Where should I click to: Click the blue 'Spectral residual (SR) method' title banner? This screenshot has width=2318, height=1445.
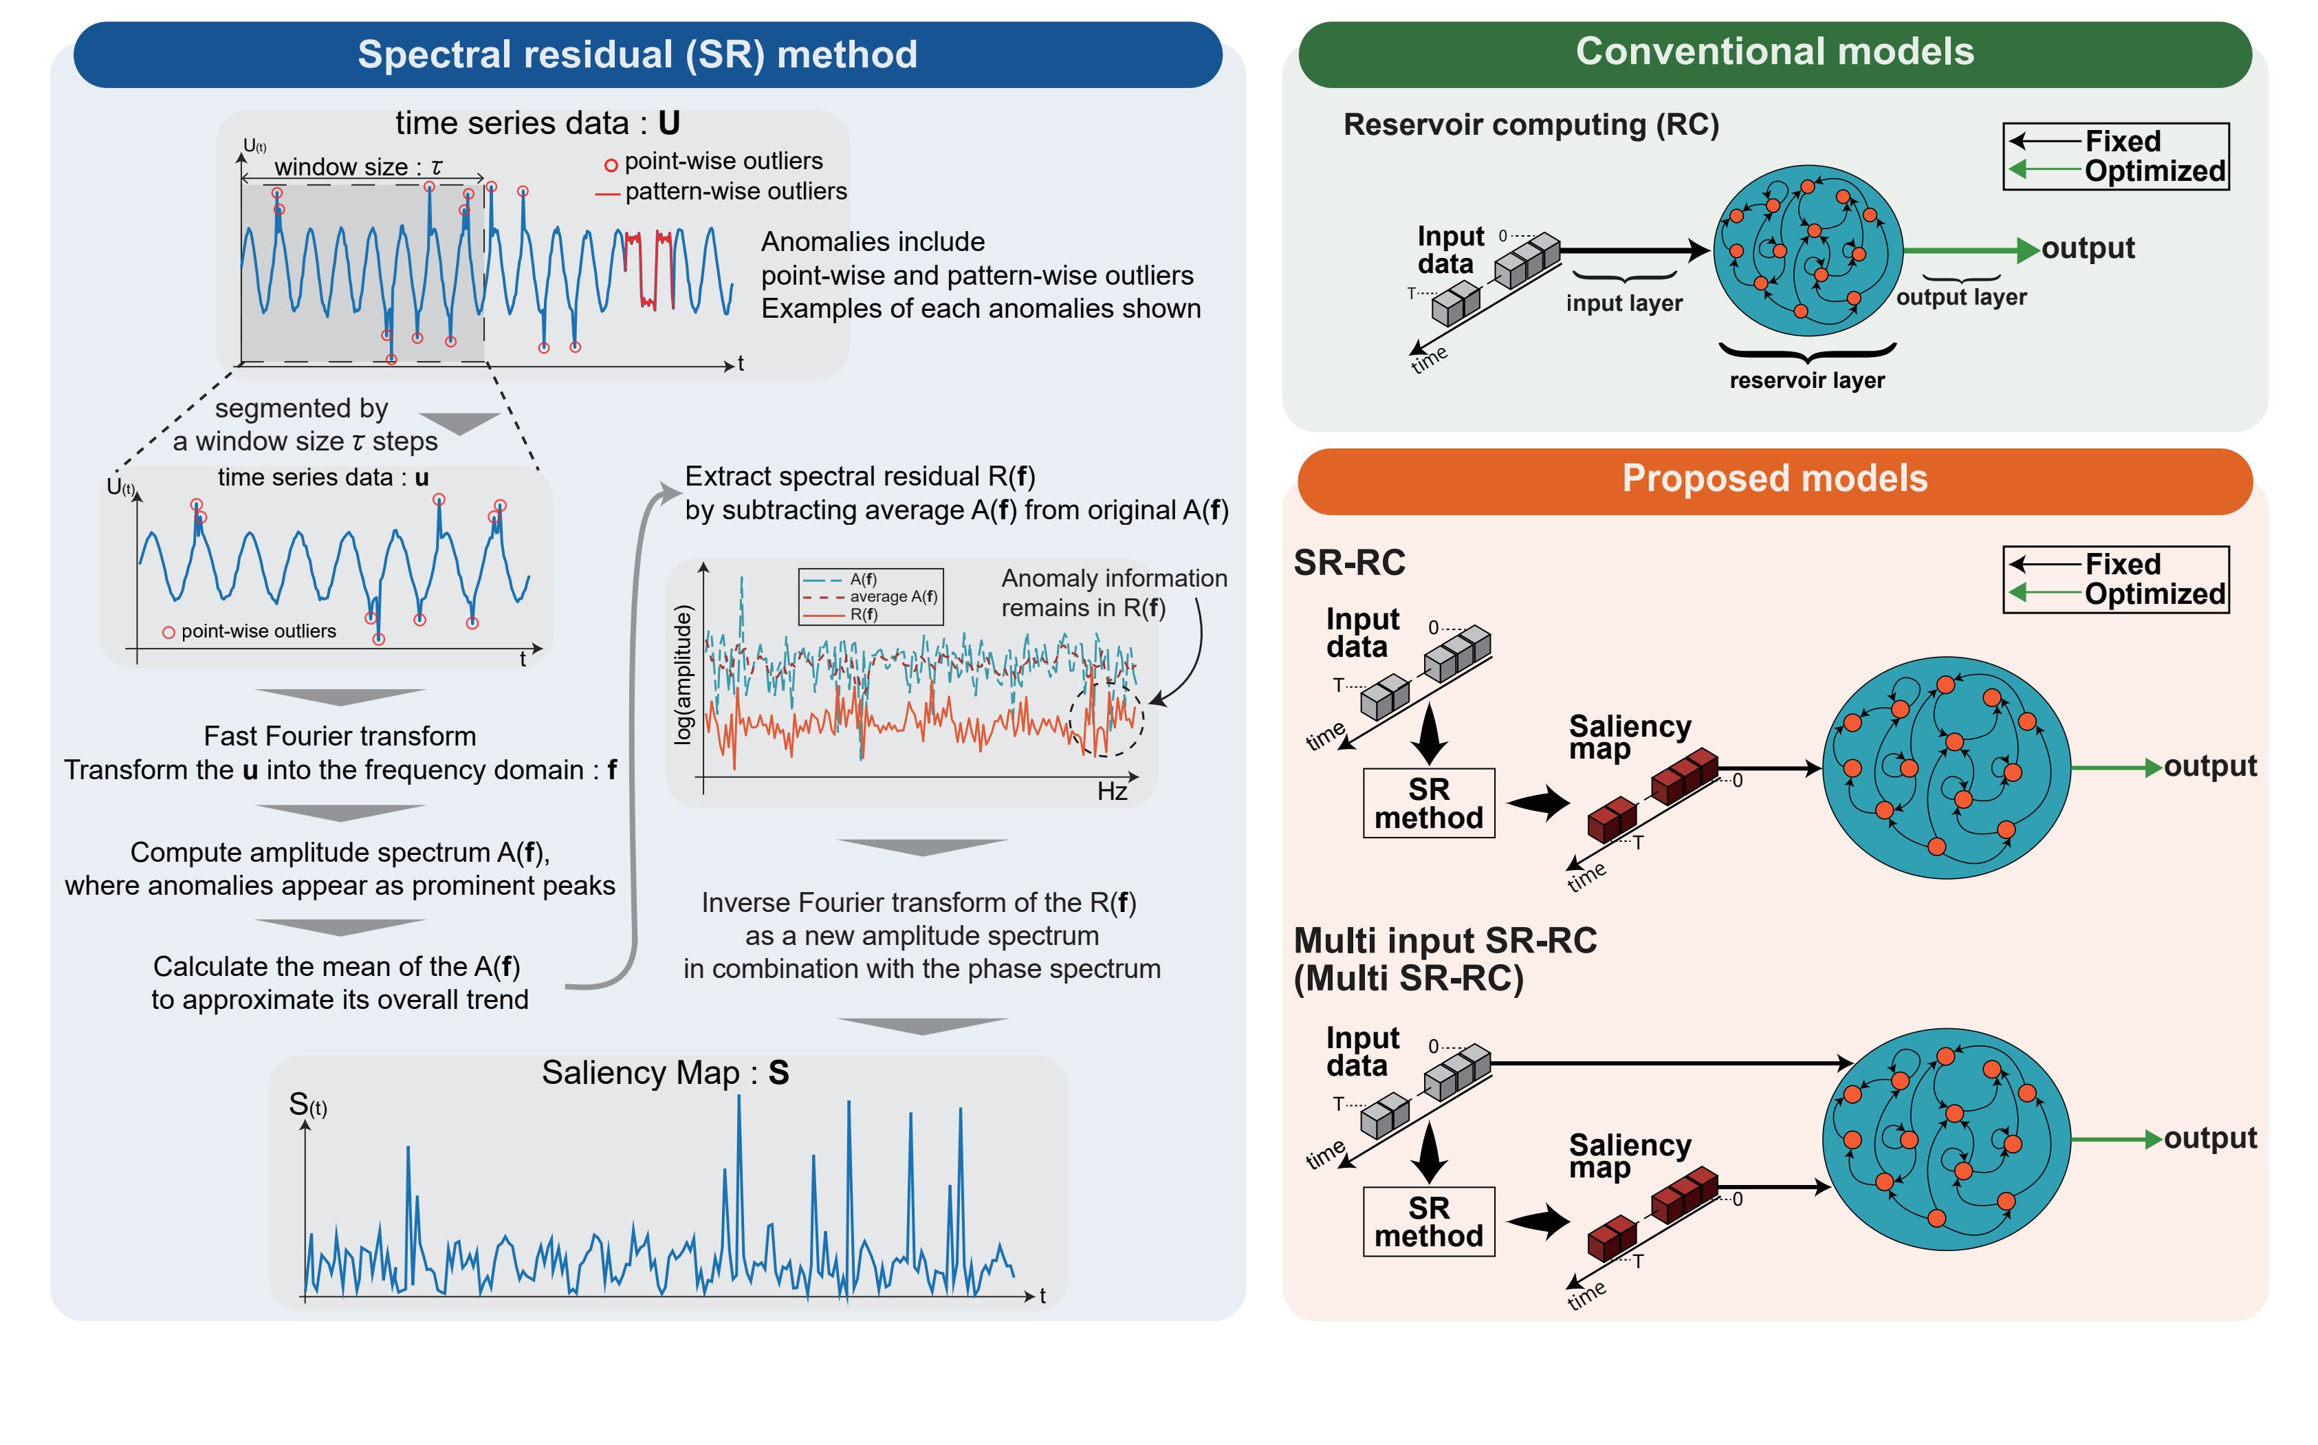(x=648, y=54)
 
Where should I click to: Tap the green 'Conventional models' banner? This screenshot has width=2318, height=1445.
(x=1774, y=52)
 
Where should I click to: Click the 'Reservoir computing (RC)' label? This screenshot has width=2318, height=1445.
(x=1531, y=125)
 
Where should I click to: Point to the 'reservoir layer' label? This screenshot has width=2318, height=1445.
(x=1807, y=380)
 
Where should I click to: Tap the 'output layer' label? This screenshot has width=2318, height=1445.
(x=1960, y=297)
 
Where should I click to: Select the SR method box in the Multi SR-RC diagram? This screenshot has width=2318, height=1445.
(x=1428, y=1221)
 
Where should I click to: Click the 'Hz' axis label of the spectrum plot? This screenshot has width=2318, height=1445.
(x=1112, y=792)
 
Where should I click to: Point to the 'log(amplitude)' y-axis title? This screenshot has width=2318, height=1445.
(x=682, y=675)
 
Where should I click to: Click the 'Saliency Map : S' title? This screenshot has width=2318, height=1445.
(x=665, y=1073)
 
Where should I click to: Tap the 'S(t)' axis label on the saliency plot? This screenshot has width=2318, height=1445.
(x=307, y=1106)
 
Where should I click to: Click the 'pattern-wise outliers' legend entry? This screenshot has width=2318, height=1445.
(x=721, y=192)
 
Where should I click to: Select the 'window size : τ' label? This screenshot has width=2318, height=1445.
(x=358, y=167)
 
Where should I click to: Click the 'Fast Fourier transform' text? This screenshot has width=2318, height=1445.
(x=340, y=737)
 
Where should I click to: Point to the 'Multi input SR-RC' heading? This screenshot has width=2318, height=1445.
(x=1445, y=942)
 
